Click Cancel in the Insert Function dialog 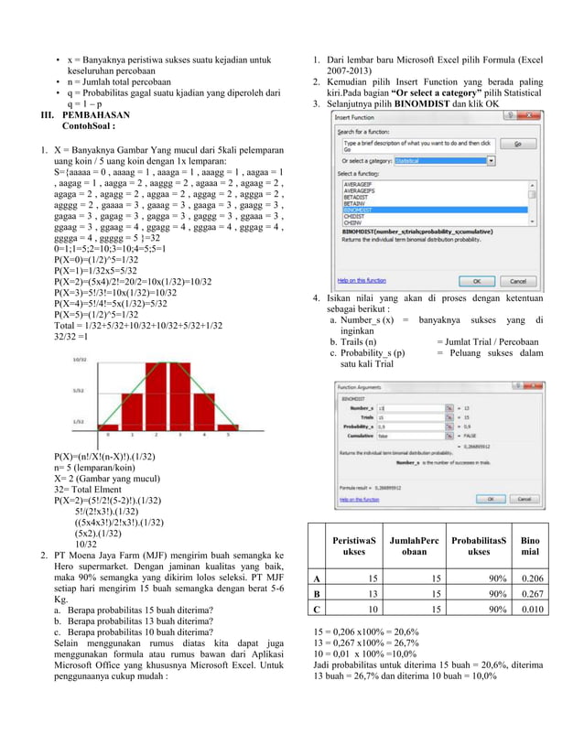coord(517,281)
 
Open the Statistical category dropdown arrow coord(491,160)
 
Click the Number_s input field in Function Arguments coord(410,408)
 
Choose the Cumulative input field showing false coord(410,437)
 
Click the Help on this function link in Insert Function coord(362,280)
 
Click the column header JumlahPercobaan coord(414,545)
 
